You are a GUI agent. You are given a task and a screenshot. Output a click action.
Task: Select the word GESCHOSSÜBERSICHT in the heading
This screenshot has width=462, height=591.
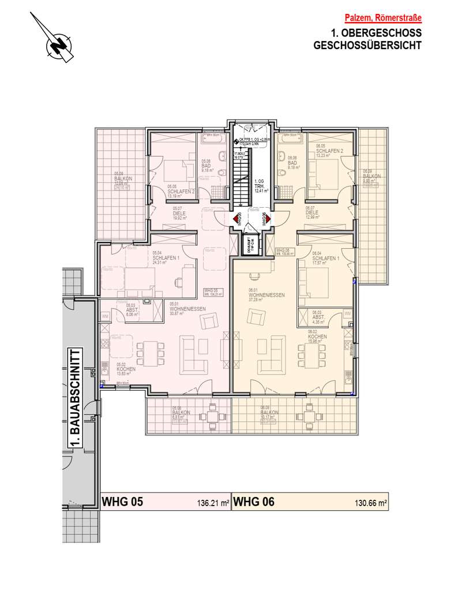[x=367, y=45]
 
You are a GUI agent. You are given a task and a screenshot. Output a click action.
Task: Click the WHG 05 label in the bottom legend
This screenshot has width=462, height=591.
[x=121, y=502]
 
